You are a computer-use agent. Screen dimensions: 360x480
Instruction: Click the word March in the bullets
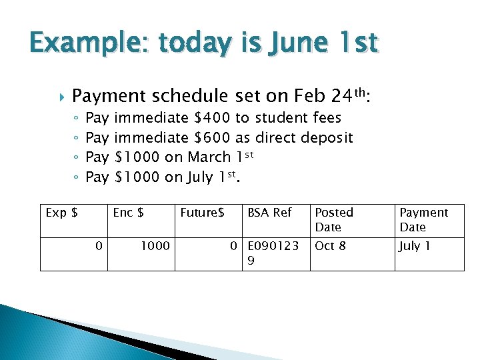pyautogui.click(x=209, y=157)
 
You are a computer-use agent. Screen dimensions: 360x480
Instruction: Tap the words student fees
pyautogui.click(x=298, y=118)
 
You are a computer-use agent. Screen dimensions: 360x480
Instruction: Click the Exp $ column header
pyautogui.click(x=61, y=213)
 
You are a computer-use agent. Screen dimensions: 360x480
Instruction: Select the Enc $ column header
pyautogui.click(x=129, y=213)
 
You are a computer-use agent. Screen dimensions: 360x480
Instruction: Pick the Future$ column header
pyautogui.click(x=202, y=213)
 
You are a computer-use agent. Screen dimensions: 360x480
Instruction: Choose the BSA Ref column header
pyautogui.click(x=269, y=213)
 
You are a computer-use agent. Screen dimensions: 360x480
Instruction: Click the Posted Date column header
pyautogui.click(x=334, y=219)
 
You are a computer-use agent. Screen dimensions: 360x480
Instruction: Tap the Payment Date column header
pyautogui.click(x=423, y=219)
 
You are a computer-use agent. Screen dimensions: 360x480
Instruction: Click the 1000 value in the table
pyautogui.click(x=155, y=246)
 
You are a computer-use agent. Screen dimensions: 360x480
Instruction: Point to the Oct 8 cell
pyautogui.click(x=330, y=246)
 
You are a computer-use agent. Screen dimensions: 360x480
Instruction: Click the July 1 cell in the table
pyautogui.click(x=415, y=246)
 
